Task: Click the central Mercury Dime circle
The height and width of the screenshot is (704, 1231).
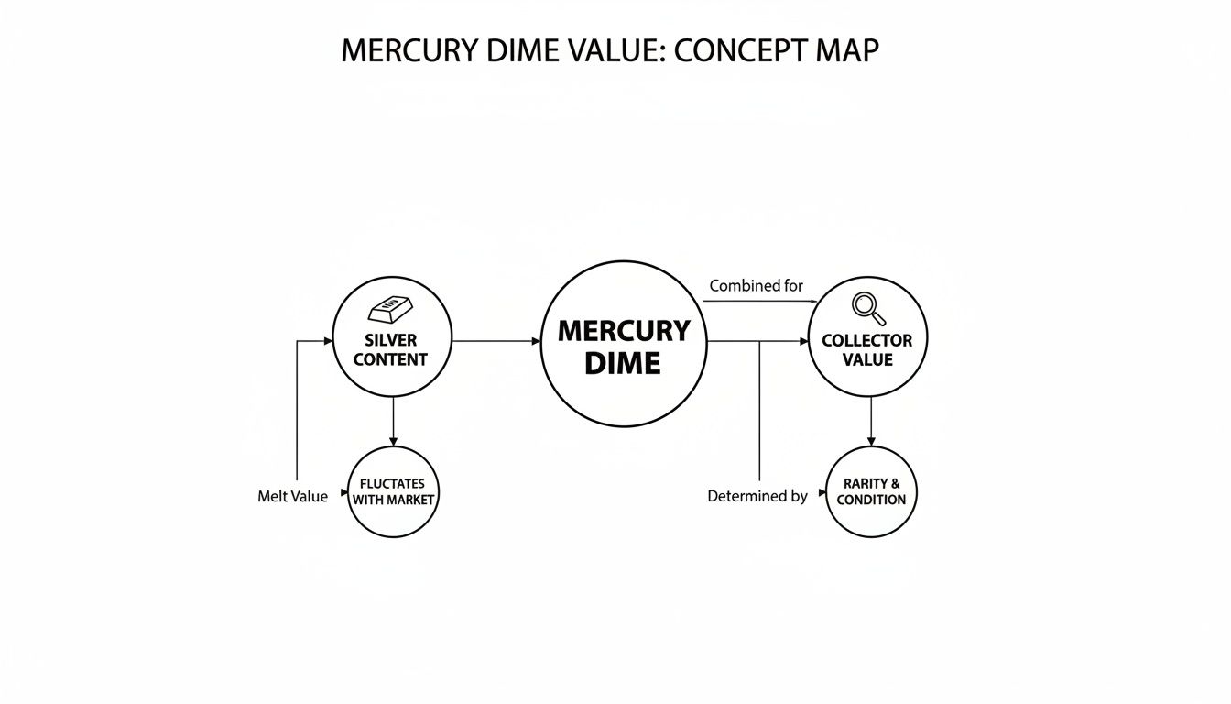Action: tap(624, 344)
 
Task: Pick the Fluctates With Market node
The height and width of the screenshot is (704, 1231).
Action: tap(393, 491)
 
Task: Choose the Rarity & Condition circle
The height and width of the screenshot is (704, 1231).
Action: tap(871, 491)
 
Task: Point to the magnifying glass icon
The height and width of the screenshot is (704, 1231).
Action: tap(867, 308)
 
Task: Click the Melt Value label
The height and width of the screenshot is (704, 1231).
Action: tap(292, 496)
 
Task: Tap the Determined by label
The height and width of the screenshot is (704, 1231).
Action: tap(757, 496)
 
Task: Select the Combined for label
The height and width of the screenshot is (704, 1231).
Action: tap(756, 286)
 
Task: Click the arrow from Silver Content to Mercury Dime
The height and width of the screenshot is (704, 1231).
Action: tap(496, 341)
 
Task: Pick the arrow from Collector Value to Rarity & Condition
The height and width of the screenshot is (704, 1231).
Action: tap(870, 422)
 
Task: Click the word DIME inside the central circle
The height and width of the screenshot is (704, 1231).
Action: tap(623, 363)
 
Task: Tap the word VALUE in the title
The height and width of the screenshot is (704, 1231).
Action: tap(615, 51)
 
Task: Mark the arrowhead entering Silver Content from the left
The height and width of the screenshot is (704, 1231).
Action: tap(328, 341)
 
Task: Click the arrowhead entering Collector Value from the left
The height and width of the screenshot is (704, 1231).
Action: tap(803, 341)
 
